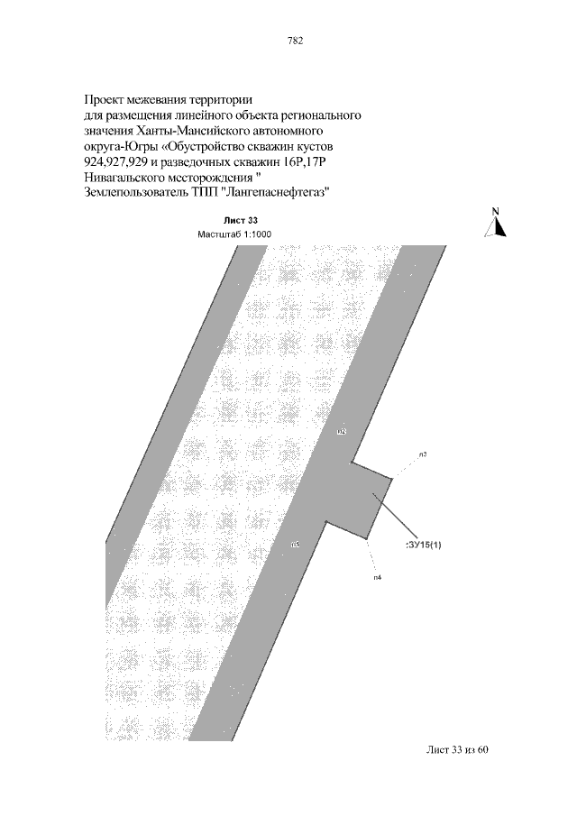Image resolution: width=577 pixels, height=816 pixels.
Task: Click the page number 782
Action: [x=293, y=41]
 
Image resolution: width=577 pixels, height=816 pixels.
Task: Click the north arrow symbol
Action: [x=497, y=226]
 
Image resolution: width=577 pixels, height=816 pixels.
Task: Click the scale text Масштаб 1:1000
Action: [x=234, y=234]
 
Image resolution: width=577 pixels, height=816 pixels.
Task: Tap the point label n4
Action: [x=377, y=576]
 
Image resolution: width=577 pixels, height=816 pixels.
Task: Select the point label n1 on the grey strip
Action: [x=296, y=544]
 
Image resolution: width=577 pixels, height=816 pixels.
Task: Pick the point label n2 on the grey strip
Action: [x=342, y=432]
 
